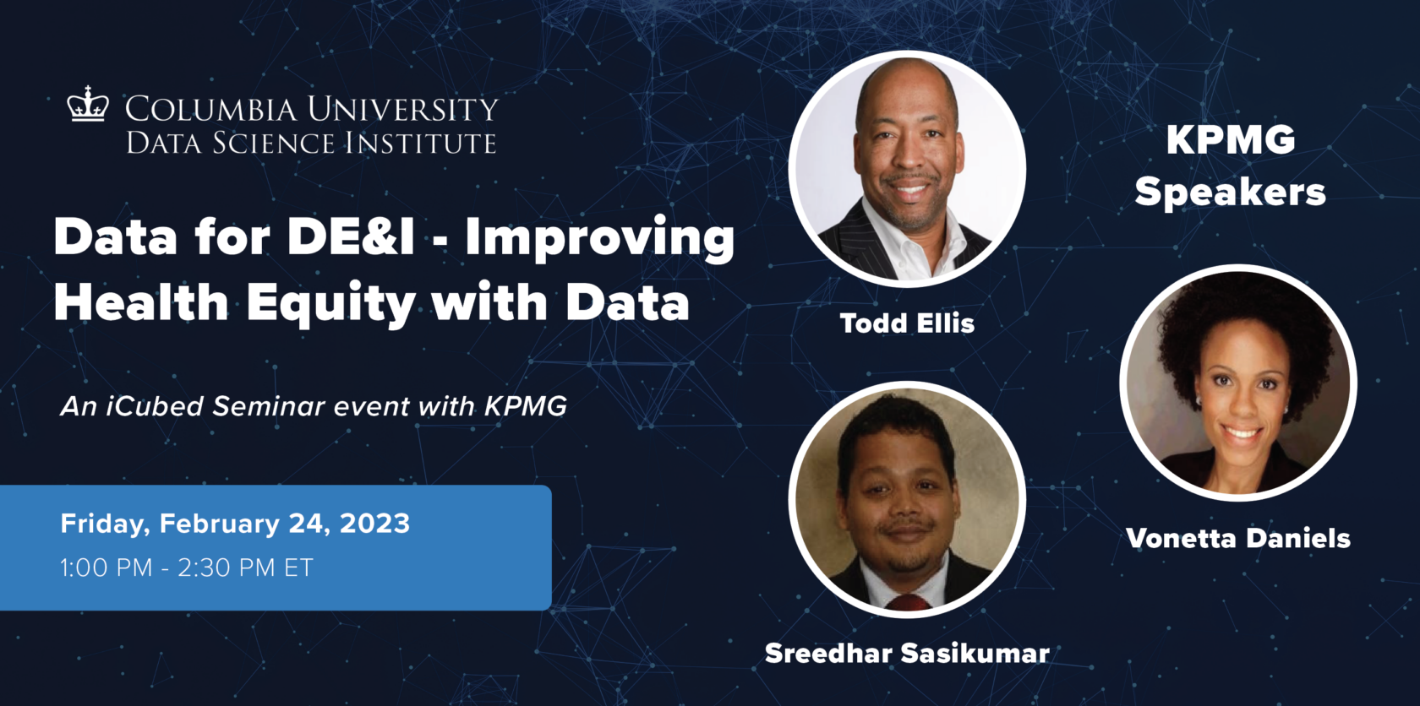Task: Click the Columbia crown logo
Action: [88, 105]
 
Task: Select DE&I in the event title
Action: [351, 237]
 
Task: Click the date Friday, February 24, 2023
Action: [235, 524]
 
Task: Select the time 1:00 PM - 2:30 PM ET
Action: [186, 568]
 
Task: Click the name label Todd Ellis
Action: [907, 323]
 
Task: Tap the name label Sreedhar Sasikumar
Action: [907, 653]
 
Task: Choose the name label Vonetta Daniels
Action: [1238, 538]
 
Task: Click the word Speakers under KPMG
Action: [1230, 193]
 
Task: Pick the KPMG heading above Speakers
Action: [1231, 140]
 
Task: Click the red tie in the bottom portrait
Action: [909, 602]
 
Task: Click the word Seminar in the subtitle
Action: [268, 406]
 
